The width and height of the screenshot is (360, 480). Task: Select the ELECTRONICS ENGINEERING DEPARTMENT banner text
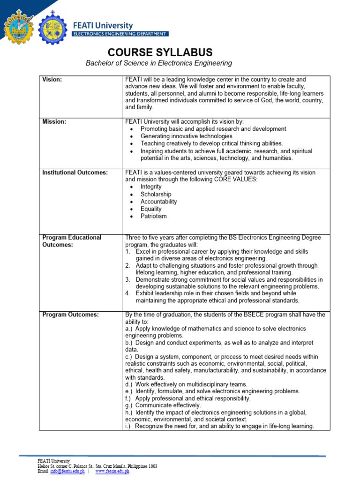120,34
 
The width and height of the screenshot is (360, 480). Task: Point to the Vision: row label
52,80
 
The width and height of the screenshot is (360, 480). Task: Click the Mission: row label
54,121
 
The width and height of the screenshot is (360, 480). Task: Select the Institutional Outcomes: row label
75,172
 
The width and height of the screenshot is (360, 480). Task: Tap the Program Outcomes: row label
70,315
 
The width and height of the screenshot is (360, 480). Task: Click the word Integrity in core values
151,187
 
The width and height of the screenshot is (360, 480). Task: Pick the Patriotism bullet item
153,216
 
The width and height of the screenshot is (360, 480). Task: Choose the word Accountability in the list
158,202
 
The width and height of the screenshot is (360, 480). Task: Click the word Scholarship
156,194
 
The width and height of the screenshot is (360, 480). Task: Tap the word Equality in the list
151,209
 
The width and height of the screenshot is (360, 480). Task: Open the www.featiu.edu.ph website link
112,471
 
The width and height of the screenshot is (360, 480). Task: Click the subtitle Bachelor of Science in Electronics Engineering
158,63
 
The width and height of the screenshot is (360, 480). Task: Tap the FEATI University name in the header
103,25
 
